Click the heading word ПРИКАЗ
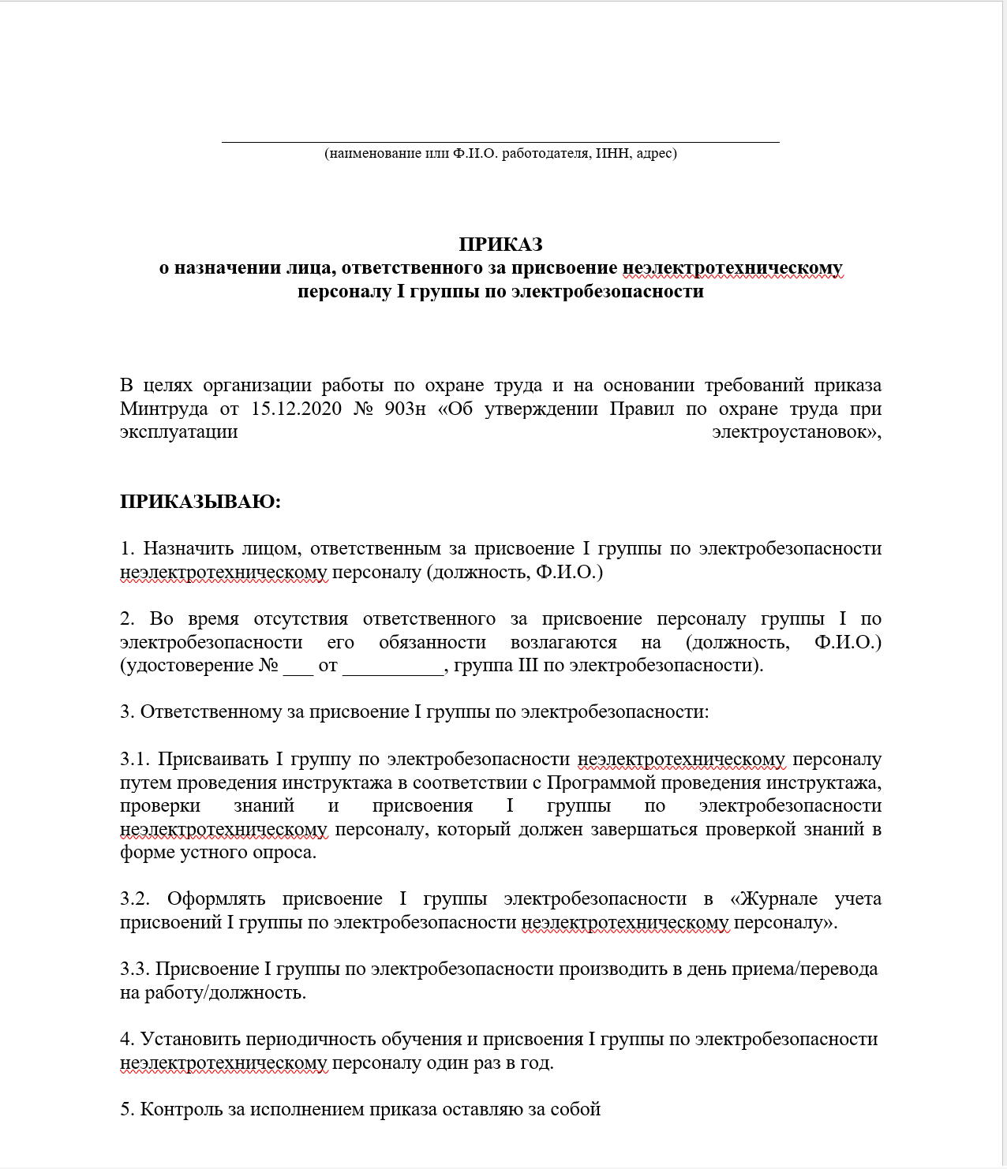pos(500,245)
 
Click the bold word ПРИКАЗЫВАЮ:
pos(200,502)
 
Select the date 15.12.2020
pos(296,409)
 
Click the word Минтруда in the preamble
pos(164,409)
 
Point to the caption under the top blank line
pos(500,153)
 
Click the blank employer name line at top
pos(500,139)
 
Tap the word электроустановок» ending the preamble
pos(796,432)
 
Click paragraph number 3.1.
pos(134,759)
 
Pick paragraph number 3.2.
pos(135,898)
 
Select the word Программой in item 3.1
pos(601,782)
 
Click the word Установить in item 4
pos(190,1039)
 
